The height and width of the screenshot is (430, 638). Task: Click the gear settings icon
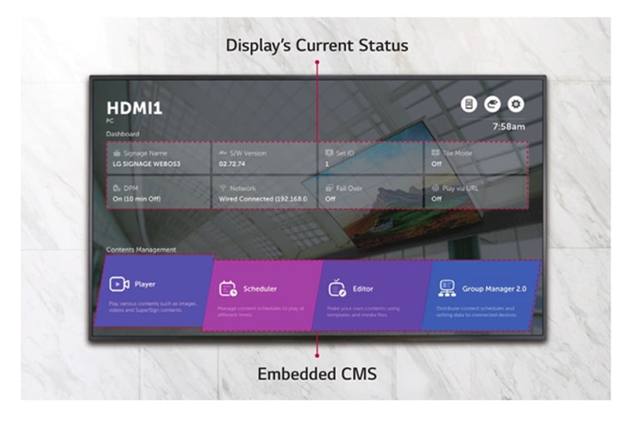[516, 104]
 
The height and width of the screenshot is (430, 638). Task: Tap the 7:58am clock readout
[508, 127]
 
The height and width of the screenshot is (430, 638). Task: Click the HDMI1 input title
[135, 108]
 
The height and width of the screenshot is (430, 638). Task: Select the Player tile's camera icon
[119, 284]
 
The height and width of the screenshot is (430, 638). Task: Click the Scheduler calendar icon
[228, 288]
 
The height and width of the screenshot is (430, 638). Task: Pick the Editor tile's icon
[336, 288]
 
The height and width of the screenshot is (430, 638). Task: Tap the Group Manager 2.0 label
[494, 288]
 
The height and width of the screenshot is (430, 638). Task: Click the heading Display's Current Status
[317, 45]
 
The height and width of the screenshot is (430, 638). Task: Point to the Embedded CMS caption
[317, 374]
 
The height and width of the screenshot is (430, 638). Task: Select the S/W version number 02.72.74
[233, 164]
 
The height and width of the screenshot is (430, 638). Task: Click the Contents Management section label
[140, 249]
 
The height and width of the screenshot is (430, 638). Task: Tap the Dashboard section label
[123, 134]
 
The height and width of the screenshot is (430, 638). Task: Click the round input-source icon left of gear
[492, 104]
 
